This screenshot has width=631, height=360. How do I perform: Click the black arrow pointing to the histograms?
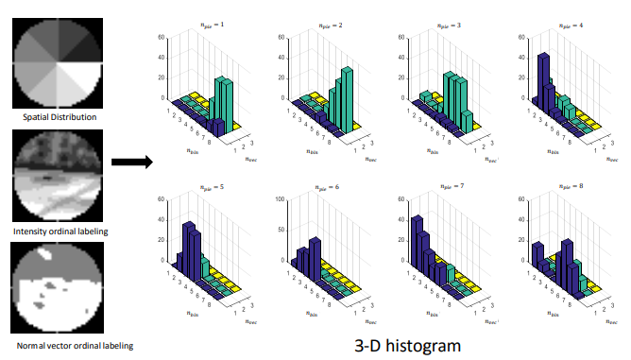point(131,162)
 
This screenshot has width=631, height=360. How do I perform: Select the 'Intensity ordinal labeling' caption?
point(58,231)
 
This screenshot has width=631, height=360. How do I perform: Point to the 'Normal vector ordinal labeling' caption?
point(59,345)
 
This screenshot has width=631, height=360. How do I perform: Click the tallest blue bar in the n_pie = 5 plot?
point(187,248)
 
